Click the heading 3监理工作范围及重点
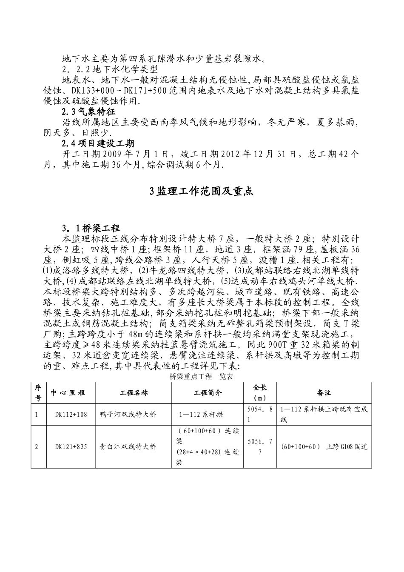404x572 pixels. click(202, 192)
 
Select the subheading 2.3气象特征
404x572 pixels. click(88, 112)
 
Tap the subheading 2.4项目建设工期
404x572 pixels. click(98, 143)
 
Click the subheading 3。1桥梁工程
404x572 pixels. click(91, 228)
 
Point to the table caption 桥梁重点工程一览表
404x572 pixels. click(201, 376)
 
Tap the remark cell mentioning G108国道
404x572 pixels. click(324, 447)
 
